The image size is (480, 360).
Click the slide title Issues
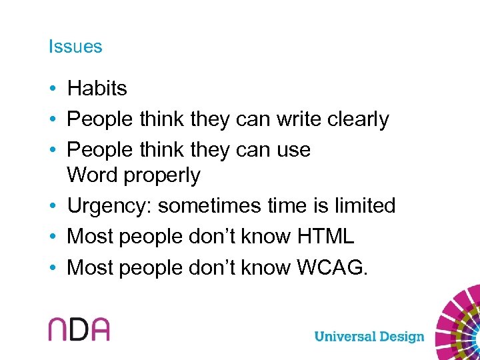[x=75, y=47]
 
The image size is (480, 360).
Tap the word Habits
[x=97, y=88]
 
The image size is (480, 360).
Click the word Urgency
[x=109, y=207]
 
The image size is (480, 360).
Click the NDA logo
[x=78, y=329]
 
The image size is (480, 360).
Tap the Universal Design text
[x=369, y=336]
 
